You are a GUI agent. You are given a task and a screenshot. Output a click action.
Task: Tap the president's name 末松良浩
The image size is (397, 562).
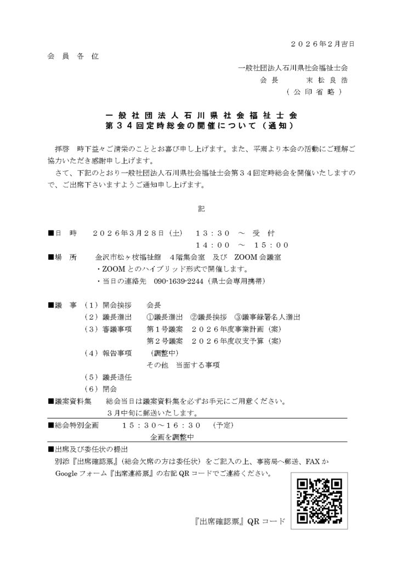pos(326,80)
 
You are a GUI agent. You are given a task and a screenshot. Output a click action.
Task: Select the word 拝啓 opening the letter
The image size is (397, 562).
pos(64,149)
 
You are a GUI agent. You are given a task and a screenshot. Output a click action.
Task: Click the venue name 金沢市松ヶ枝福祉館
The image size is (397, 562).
pos(128,257)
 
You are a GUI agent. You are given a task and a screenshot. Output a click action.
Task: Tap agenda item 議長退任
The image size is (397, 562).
pos(117,378)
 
